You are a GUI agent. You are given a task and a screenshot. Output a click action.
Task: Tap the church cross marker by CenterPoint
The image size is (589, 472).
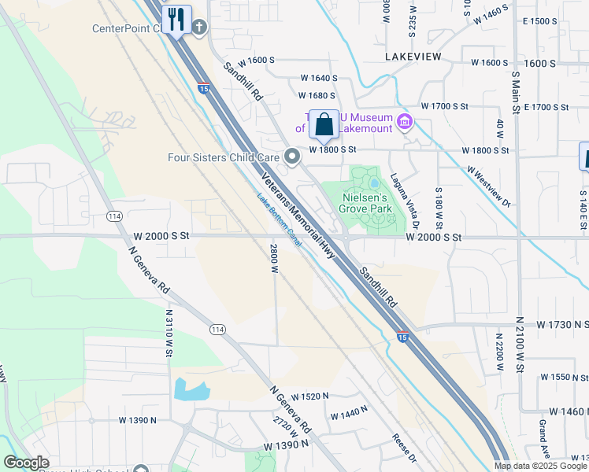pos(200,28)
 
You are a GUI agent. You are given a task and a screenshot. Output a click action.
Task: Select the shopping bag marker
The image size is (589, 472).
pos(324,124)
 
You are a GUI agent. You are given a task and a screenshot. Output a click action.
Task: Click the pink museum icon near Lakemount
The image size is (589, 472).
pos(405,121)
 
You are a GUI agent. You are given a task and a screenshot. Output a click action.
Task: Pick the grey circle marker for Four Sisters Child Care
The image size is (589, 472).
pos(293,157)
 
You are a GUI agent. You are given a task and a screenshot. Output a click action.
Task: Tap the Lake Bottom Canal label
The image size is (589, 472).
pos(279,220)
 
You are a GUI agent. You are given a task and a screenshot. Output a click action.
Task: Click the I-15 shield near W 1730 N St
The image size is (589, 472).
pos(402,337)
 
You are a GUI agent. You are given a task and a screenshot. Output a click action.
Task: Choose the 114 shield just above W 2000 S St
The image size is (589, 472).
pos(114,216)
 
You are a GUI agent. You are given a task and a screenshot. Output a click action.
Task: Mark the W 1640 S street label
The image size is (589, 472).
pos(318,79)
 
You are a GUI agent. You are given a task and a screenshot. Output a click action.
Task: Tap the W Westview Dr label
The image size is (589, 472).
pos(488,186)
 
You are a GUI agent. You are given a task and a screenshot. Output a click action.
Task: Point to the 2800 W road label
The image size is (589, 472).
pos(275,258)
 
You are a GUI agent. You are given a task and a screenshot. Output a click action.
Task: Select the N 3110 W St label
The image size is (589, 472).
pos(169,333)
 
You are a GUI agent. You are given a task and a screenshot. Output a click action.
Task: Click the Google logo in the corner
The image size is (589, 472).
pos(26,463)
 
